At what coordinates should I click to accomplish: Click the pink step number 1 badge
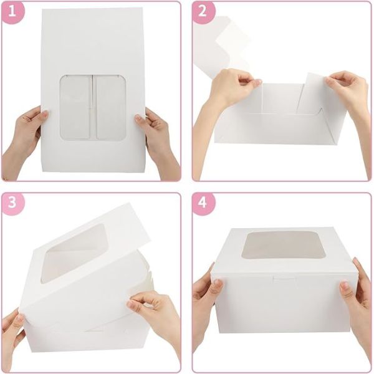(12, 12)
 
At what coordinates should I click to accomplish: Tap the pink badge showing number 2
(203, 12)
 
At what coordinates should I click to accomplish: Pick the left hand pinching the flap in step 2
(231, 90)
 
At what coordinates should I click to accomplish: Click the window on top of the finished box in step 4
(280, 244)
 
